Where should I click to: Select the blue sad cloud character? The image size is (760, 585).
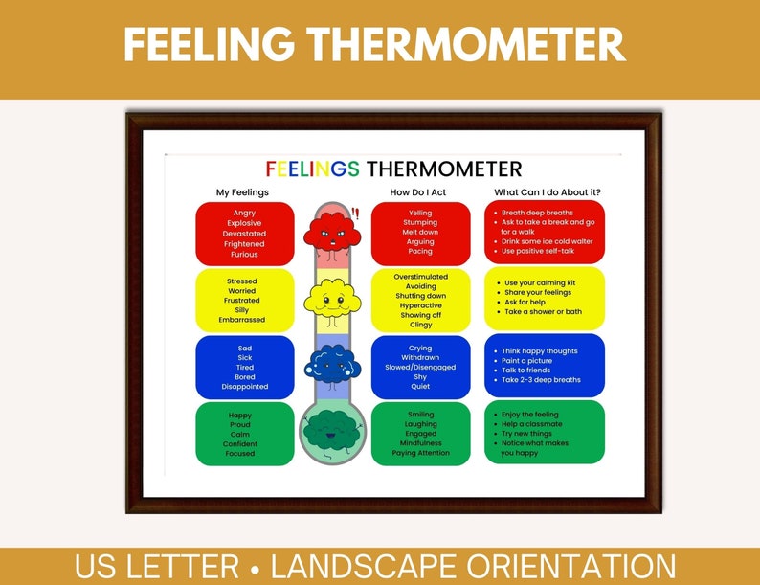(x=331, y=365)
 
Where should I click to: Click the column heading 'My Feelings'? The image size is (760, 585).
(x=243, y=192)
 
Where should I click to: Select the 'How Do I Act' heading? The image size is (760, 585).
(x=418, y=192)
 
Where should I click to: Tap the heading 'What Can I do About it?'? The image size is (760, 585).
(x=548, y=192)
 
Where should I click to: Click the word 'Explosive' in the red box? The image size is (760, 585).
(x=244, y=223)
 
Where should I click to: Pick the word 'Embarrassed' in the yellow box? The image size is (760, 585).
(x=243, y=320)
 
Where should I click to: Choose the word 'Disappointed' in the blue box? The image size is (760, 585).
(x=244, y=387)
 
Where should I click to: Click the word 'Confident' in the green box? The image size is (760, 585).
(x=240, y=444)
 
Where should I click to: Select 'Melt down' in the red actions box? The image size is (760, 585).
(x=420, y=233)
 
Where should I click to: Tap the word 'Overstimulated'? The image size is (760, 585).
(x=420, y=277)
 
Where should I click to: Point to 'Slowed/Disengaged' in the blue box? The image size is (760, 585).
(x=420, y=368)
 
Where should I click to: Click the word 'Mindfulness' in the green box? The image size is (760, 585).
(x=420, y=443)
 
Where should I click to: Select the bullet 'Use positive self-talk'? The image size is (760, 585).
(x=544, y=251)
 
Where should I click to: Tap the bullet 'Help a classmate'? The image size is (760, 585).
(x=532, y=424)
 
